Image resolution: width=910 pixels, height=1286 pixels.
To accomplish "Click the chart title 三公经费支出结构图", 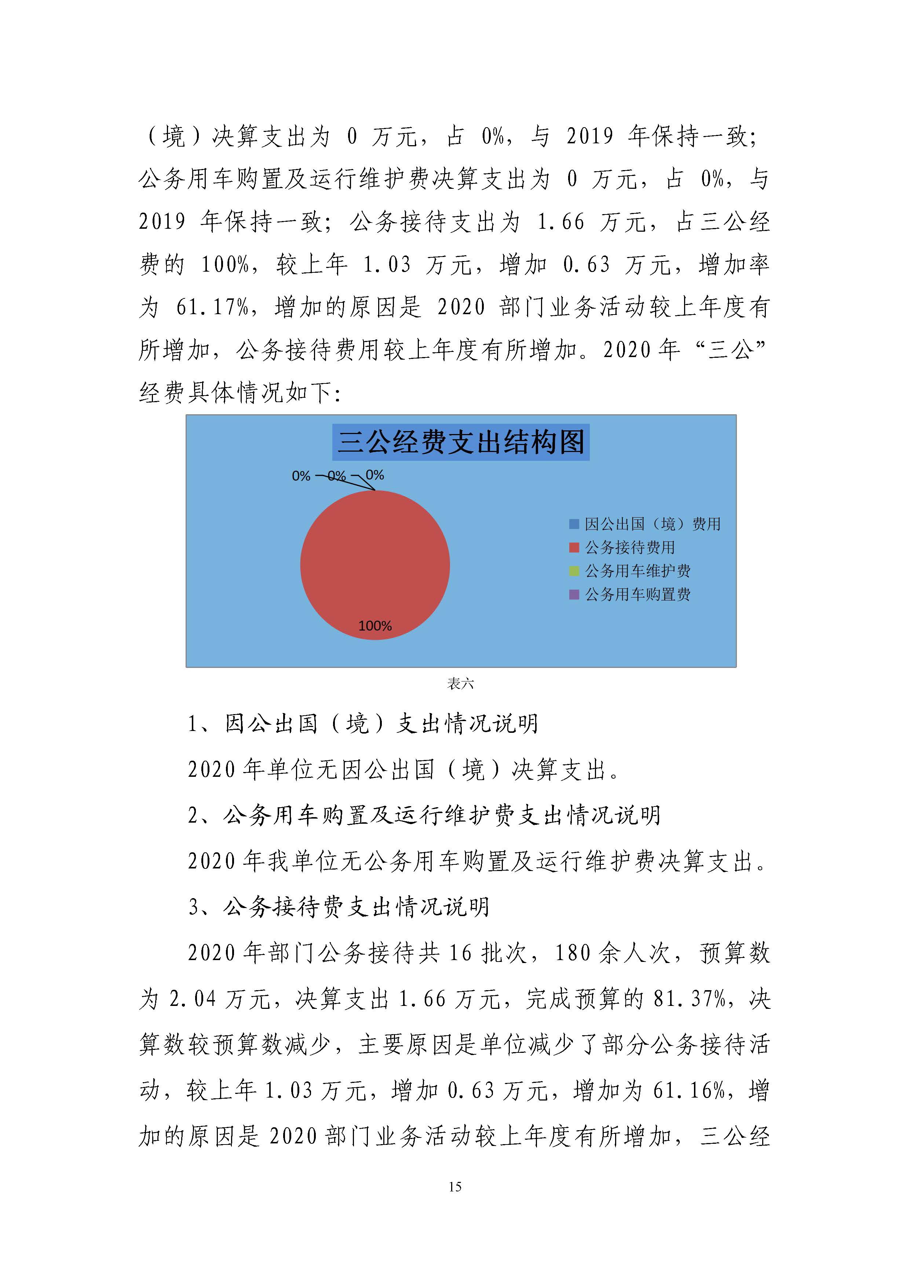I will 461,442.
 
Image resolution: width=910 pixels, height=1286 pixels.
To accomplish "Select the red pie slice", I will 375,560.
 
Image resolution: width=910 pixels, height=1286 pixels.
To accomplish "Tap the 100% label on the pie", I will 375,626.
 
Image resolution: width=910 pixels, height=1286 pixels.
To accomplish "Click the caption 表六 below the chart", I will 460,683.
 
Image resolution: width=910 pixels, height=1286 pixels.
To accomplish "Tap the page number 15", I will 455,1186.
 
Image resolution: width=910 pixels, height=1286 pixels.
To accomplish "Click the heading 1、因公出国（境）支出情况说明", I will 362,724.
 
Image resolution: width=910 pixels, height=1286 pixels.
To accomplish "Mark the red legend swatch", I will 574,547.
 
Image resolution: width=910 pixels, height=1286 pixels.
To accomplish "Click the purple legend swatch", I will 574,594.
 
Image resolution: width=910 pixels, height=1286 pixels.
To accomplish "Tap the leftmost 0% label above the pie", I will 301,476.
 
